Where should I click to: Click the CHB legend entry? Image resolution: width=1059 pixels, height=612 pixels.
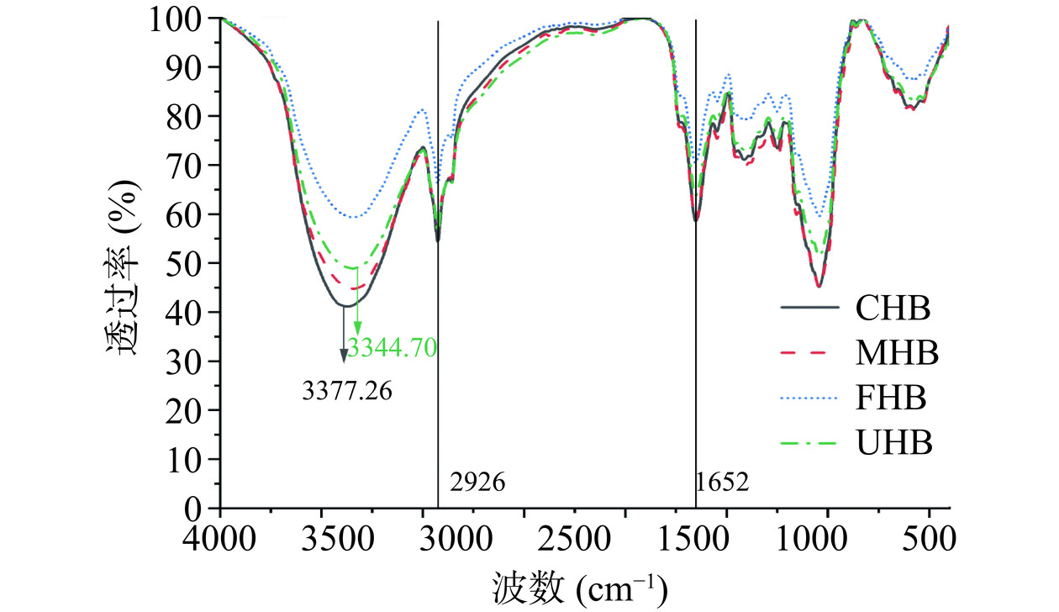(x=893, y=309)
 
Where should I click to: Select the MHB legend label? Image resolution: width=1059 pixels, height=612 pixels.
(x=897, y=354)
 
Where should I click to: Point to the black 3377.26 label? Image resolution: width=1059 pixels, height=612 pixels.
(x=346, y=391)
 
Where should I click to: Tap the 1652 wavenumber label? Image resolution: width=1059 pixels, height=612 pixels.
(x=723, y=483)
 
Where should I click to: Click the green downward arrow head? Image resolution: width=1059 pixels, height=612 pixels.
(x=357, y=328)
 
